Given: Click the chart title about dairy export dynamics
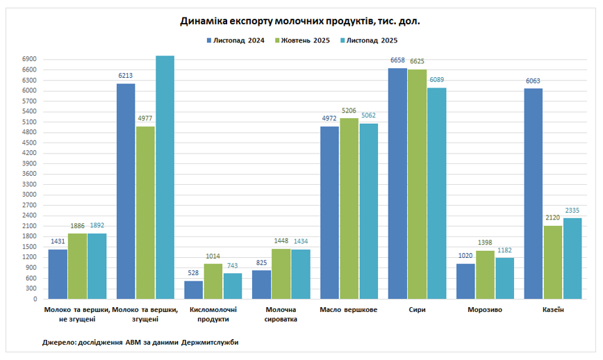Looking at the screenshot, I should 301,22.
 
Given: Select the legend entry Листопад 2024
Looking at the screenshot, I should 236,40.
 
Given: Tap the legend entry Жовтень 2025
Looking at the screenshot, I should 304,40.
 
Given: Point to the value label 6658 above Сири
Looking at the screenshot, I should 397,61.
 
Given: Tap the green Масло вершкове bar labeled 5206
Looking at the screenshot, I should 349,208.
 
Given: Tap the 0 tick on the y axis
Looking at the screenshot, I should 34,299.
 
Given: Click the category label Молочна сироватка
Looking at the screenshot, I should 281,314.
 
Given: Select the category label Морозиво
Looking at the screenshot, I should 485,310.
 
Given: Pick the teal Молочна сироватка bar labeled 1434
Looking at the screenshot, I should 301,274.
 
